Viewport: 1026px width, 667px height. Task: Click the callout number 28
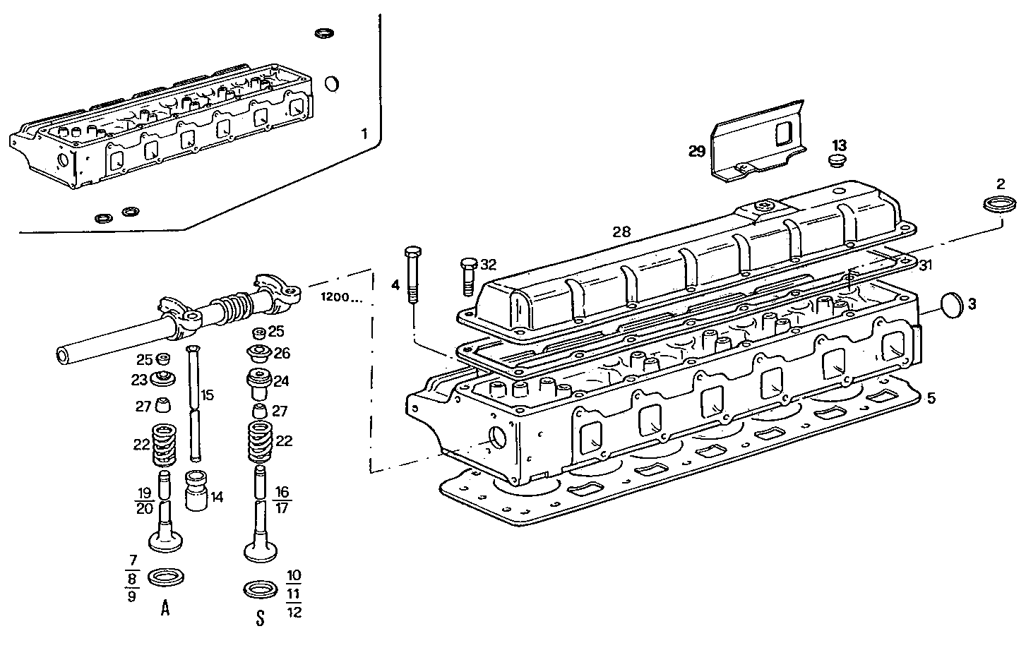(621, 232)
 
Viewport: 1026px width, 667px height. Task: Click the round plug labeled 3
(953, 304)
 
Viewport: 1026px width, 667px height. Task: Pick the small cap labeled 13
(837, 160)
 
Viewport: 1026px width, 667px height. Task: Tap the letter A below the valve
(165, 608)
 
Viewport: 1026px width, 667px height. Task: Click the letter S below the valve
(260, 618)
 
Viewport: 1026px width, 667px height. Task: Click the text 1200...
(339, 297)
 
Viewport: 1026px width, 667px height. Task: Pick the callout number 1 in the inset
(364, 133)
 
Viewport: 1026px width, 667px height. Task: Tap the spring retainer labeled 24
(258, 383)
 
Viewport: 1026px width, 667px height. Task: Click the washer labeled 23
(162, 378)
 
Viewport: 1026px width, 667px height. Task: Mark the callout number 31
(926, 265)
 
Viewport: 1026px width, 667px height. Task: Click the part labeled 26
(258, 352)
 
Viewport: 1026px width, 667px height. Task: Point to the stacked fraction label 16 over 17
(282, 499)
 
